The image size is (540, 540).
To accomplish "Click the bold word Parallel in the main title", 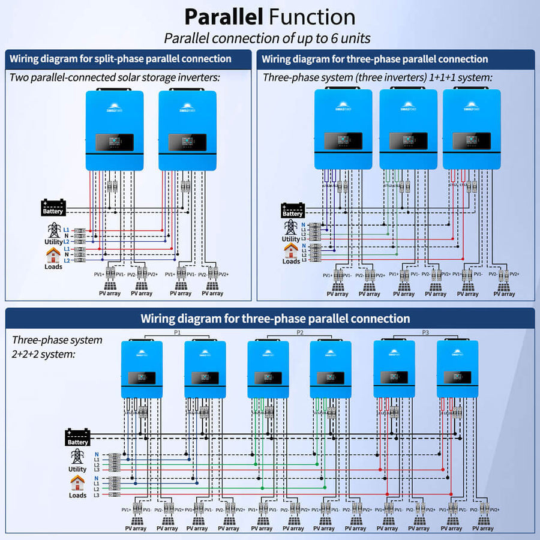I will pyautogui.click(x=223, y=16).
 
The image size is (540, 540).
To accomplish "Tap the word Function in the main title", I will pyautogui.click(x=313, y=16).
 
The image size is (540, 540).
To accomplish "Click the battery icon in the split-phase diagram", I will pyautogui.click(x=53, y=205).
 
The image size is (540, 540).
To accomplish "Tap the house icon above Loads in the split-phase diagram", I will pyautogui.click(x=53, y=255).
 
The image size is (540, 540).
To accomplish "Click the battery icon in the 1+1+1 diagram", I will pyautogui.click(x=292, y=207).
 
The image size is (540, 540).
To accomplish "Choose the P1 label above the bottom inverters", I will pyautogui.click(x=177, y=332).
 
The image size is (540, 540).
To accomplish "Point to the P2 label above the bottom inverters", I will pyautogui.click(x=301, y=332).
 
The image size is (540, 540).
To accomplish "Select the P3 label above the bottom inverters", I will pyautogui.click(x=425, y=332).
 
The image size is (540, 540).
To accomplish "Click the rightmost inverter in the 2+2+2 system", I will pyautogui.click(x=457, y=369).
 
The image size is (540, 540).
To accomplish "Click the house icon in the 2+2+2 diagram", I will pyautogui.click(x=77, y=482).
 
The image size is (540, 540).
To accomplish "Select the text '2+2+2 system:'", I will pyautogui.click(x=44, y=354).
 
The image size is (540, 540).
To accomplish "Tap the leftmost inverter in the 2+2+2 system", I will pyautogui.click(x=142, y=369).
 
